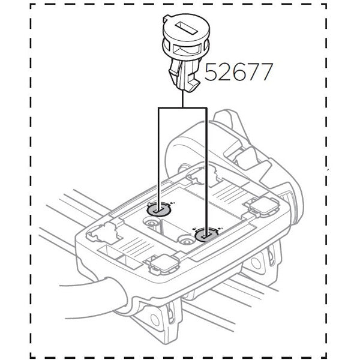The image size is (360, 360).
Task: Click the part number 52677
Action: coord(239,72)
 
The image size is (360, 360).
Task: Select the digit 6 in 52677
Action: coord(239,72)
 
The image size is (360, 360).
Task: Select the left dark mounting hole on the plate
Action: coord(158,209)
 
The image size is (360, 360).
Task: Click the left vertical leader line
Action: coord(158,156)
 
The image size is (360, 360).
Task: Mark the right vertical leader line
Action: coord(206,168)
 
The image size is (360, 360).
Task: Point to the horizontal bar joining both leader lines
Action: coord(182,108)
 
